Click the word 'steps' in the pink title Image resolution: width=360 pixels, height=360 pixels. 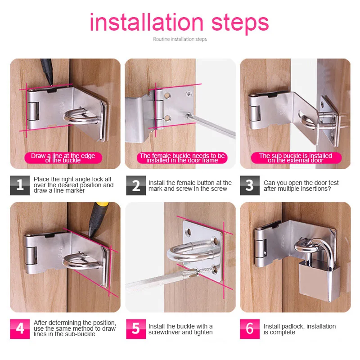[x=240, y=24]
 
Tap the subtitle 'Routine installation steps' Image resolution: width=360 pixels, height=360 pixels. [x=180, y=39]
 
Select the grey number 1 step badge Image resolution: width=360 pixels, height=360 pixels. [x=20, y=185]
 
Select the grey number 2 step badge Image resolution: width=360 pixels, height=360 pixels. [x=136, y=185]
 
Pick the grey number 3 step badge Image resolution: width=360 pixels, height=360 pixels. [x=250, y=185]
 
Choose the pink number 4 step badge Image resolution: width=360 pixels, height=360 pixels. [x=20, y=329]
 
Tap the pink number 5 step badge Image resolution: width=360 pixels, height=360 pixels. [x=136, y=329]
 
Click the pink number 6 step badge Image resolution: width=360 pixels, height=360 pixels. [x=250, y=329]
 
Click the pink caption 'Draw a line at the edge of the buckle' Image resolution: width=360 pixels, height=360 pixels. [x=63, y=158]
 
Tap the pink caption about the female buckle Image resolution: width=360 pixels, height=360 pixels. [x=182, y=158]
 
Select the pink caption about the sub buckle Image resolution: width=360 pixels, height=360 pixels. [x=296, y=158]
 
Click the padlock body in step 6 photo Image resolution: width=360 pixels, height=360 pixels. [x=319, y=281]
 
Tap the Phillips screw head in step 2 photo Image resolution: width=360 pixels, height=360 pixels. [x=189, y=94]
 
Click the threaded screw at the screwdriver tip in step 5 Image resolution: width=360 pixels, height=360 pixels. [x=202, y=272]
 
